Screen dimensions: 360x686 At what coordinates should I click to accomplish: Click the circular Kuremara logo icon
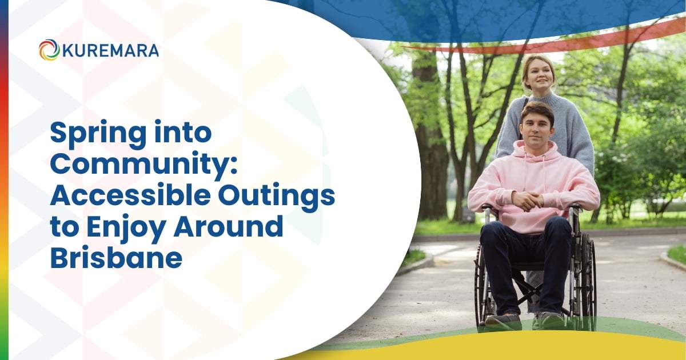click(x=49, y=50)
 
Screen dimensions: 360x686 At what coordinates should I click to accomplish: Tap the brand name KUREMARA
click(x=110, y=50)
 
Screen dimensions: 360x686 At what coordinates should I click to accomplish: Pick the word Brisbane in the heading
click(x=116, y=258)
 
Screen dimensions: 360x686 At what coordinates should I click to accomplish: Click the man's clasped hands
click(x=528, y=200)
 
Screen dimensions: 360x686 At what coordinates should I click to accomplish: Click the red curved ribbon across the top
click(x=572, y=40)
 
